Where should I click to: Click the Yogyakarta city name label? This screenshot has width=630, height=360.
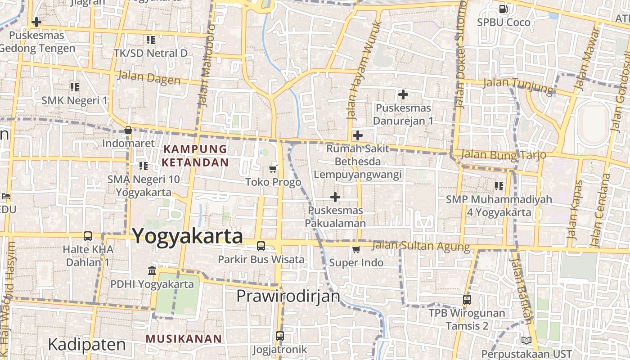pos(187,236)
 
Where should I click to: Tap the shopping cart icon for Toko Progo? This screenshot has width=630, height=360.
pos(273,169)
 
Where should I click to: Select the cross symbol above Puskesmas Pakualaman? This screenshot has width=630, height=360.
pos(335,197)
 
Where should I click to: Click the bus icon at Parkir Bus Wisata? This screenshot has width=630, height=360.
pos(261,246)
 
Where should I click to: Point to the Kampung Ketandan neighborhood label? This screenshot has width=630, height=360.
pos(195,155)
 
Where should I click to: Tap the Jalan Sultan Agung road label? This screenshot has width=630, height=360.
pos(421,246)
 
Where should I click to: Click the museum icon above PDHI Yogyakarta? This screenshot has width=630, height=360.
pos(152,271)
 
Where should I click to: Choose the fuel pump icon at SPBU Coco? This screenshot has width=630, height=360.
pos(504,9)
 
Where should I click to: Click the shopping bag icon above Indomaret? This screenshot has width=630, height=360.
pos(128,130)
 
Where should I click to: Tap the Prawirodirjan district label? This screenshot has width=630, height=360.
pos(288,296)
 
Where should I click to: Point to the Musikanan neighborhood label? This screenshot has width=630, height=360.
pos(184,339)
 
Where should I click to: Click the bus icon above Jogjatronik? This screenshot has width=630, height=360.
pos(280,336)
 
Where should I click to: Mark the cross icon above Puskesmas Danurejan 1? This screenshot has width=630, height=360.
pos(403,94)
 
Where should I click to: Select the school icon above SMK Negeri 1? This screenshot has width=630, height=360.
pos(75,87)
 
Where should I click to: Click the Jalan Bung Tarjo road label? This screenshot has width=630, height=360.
pos(504,154)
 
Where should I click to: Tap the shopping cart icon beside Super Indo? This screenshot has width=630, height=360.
pos(356,249)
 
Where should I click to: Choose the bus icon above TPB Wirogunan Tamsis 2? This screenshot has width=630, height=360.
pos(467,299)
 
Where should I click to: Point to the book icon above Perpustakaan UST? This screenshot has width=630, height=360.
pos(526,341)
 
